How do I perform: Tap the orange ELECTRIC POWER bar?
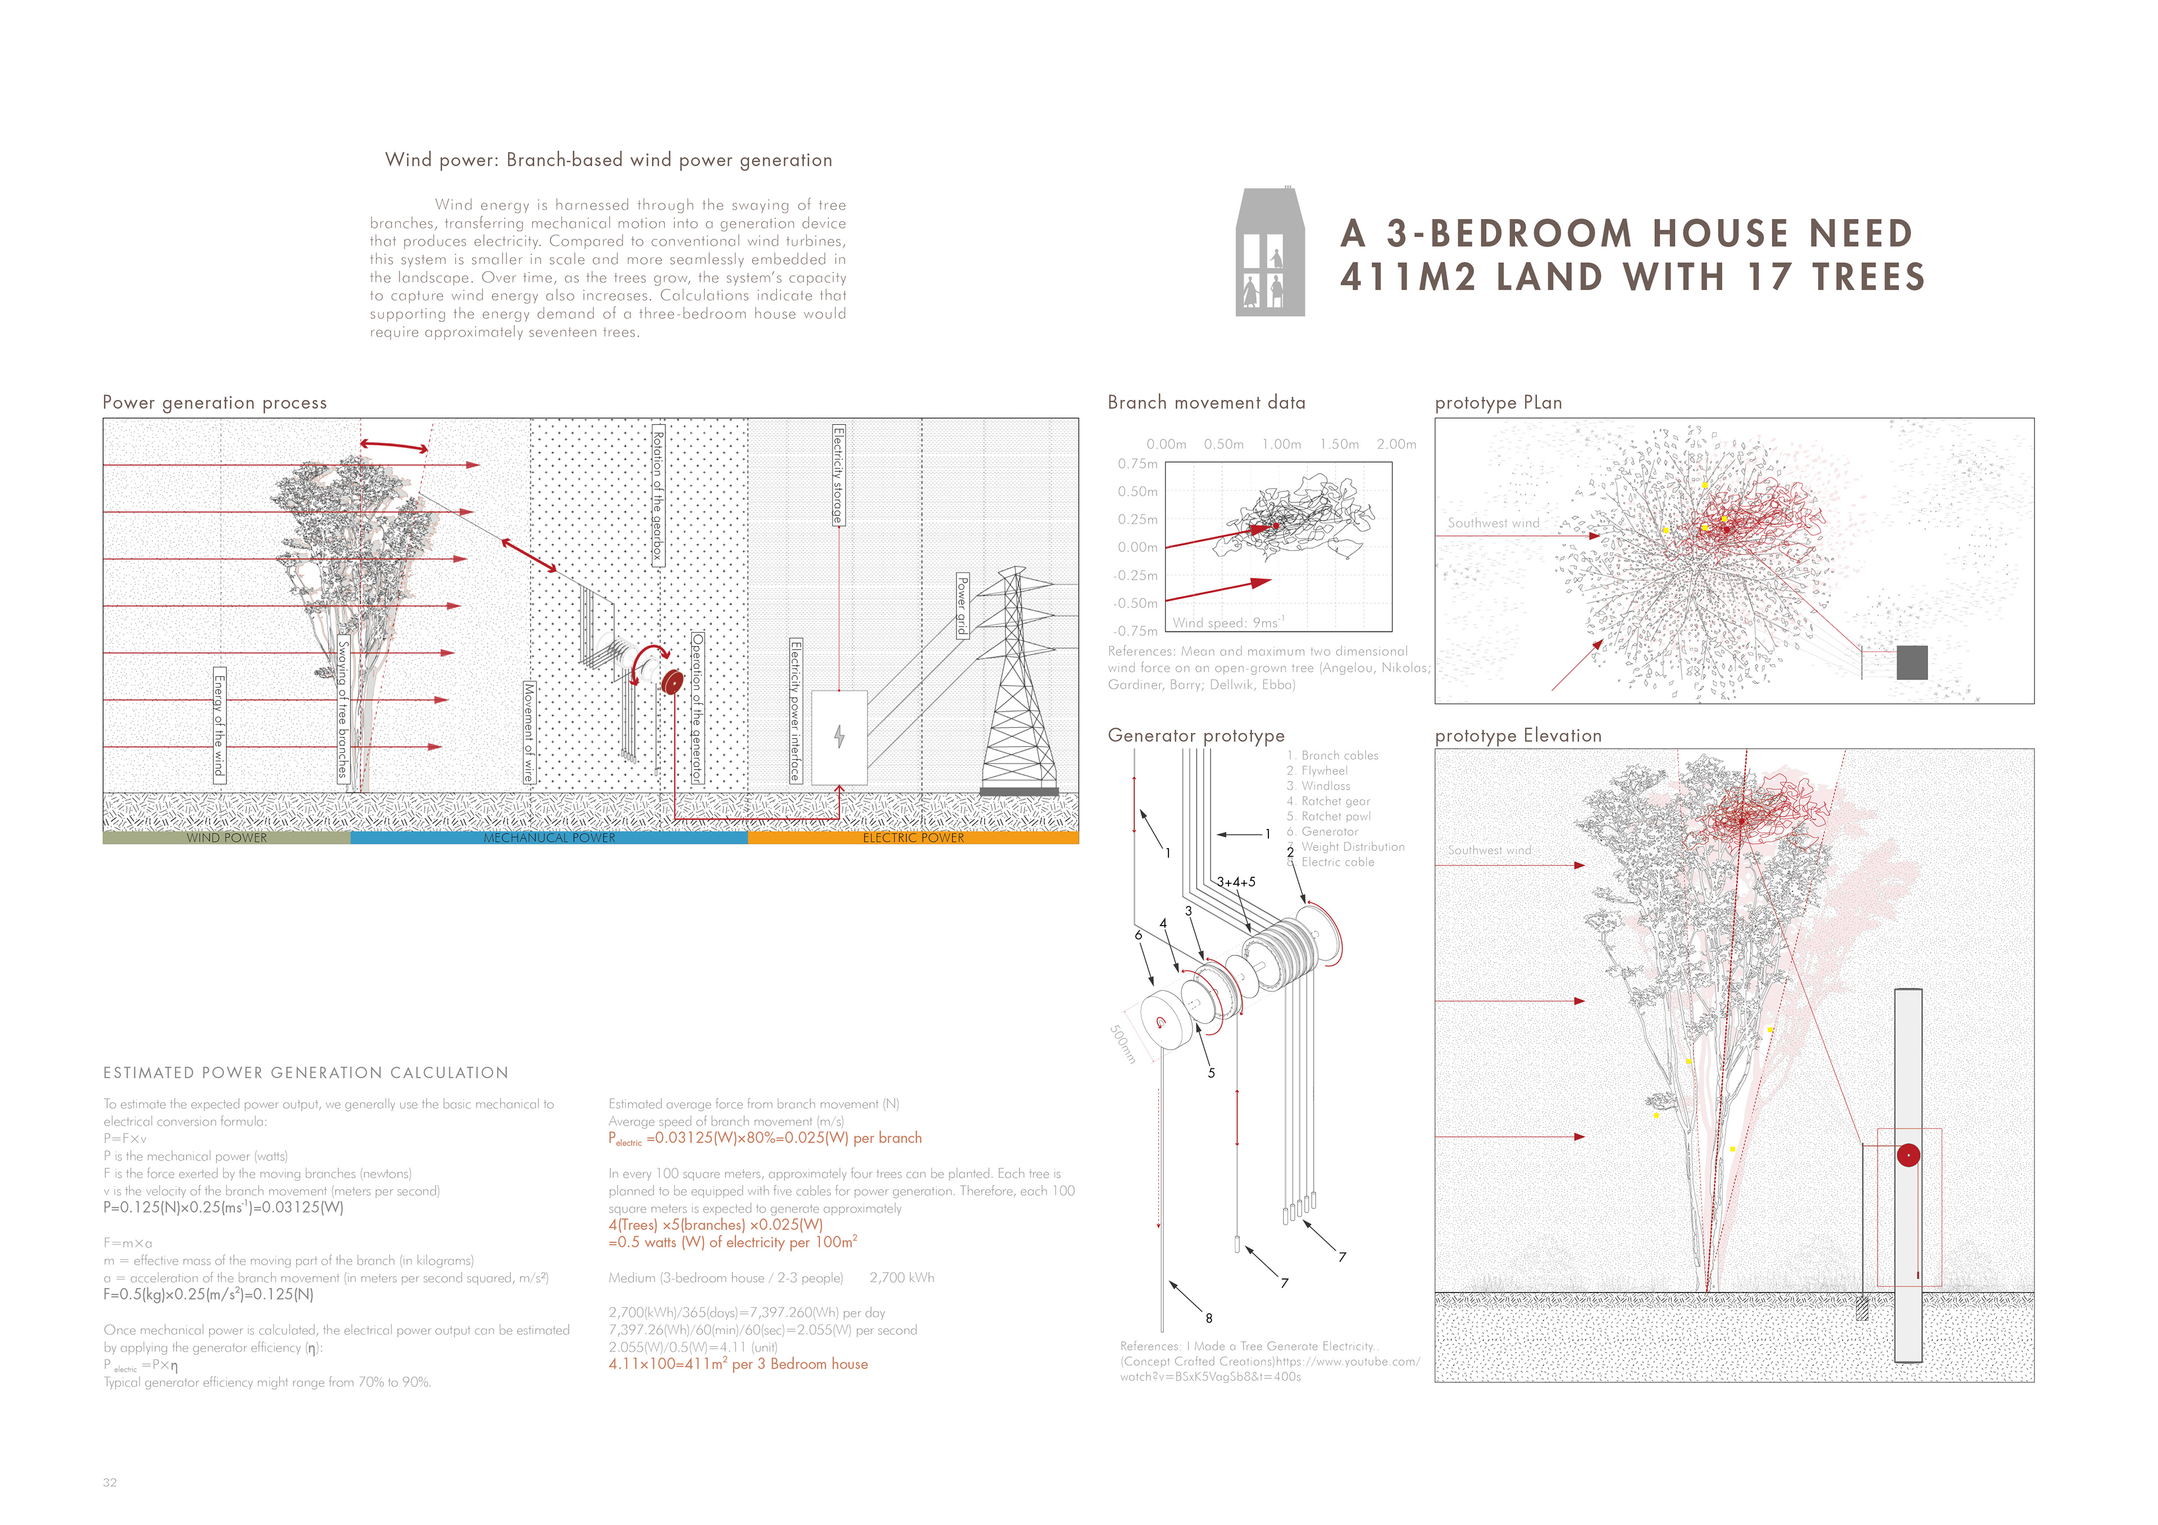(913, 837)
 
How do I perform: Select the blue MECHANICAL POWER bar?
(549, 837)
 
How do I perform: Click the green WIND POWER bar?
(226, 837)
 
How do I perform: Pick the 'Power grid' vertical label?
(962, 606)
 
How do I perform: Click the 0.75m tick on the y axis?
(1137, 464)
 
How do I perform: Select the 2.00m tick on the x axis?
(1396, 444)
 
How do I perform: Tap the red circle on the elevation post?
(1908, 1155)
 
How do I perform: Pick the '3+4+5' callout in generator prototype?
(1236, 882)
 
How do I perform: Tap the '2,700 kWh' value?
(901, 1278)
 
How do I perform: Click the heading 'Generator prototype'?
(1195, 736)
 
